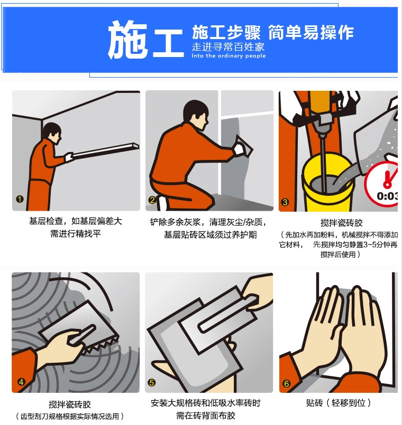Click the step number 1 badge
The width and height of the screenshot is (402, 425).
20,199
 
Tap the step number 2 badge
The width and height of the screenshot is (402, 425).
152,200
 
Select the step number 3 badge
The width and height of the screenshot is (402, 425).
285,202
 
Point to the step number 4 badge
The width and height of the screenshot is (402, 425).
21,382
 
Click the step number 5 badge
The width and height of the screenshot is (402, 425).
152,383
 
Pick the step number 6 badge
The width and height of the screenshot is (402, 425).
286,383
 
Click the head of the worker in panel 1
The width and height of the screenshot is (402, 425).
52,133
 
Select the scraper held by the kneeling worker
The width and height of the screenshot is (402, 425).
244,146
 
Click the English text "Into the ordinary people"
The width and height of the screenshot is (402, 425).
229,56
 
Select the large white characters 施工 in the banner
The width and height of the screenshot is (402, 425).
146,40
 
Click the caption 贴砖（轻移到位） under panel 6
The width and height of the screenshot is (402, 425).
339,403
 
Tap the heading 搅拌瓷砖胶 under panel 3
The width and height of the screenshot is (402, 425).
342,223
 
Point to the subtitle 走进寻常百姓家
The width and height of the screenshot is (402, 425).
228,47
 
